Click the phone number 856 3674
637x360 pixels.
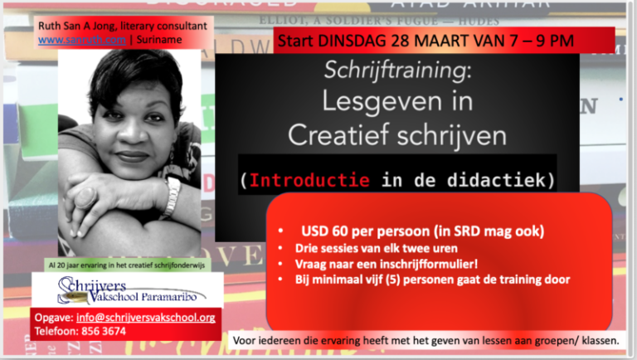(x=104, y=330)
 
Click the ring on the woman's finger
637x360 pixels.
(x=86, y=196)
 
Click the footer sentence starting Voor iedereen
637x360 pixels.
(x=426, y=340)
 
